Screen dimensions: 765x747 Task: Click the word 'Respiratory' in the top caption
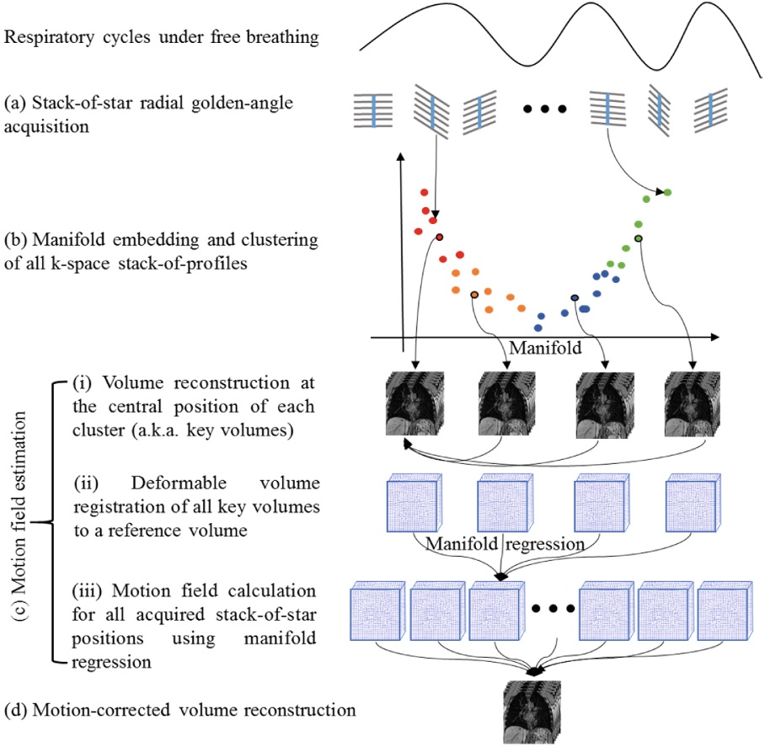(x=49, y=38)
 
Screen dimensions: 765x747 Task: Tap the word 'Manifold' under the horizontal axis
(x=545, y=348)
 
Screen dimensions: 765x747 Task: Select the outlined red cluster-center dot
(x=440, y=237)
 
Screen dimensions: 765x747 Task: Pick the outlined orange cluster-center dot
(x=474, y=295)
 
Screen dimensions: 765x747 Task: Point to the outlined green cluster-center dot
(x=638, y=238)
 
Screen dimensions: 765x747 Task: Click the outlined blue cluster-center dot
(x=575, y=298)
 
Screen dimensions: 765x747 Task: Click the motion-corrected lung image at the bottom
(x=532, y=712)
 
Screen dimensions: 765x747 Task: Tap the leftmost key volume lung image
(x=415, y=403)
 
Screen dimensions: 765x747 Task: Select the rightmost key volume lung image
(x=693, y=403)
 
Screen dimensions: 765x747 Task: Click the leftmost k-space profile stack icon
(x=373, y=110)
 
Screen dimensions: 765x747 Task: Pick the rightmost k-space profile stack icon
(x=711, y=111)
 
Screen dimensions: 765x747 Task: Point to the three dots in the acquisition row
(x=544, y=109)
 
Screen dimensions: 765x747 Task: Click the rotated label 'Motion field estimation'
(x=19, y=515)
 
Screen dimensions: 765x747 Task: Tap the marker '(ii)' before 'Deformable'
(x=86, y=483)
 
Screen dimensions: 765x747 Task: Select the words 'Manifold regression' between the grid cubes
(x=505, y=544)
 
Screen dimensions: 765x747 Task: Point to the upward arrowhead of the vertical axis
(x=401, y=157)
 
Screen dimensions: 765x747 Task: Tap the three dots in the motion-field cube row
(x=553, y=609)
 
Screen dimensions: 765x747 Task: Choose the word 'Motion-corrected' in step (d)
(x=101, y=710)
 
